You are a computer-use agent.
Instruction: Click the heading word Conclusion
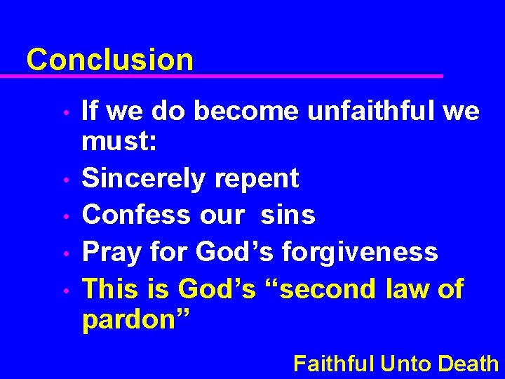109,60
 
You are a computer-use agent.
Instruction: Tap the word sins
288,215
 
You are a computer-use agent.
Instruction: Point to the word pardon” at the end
137,321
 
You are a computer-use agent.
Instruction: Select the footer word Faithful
334,363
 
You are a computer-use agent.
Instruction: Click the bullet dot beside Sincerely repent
65,180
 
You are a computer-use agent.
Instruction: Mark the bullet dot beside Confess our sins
65,216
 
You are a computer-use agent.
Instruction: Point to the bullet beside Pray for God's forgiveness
65,253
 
